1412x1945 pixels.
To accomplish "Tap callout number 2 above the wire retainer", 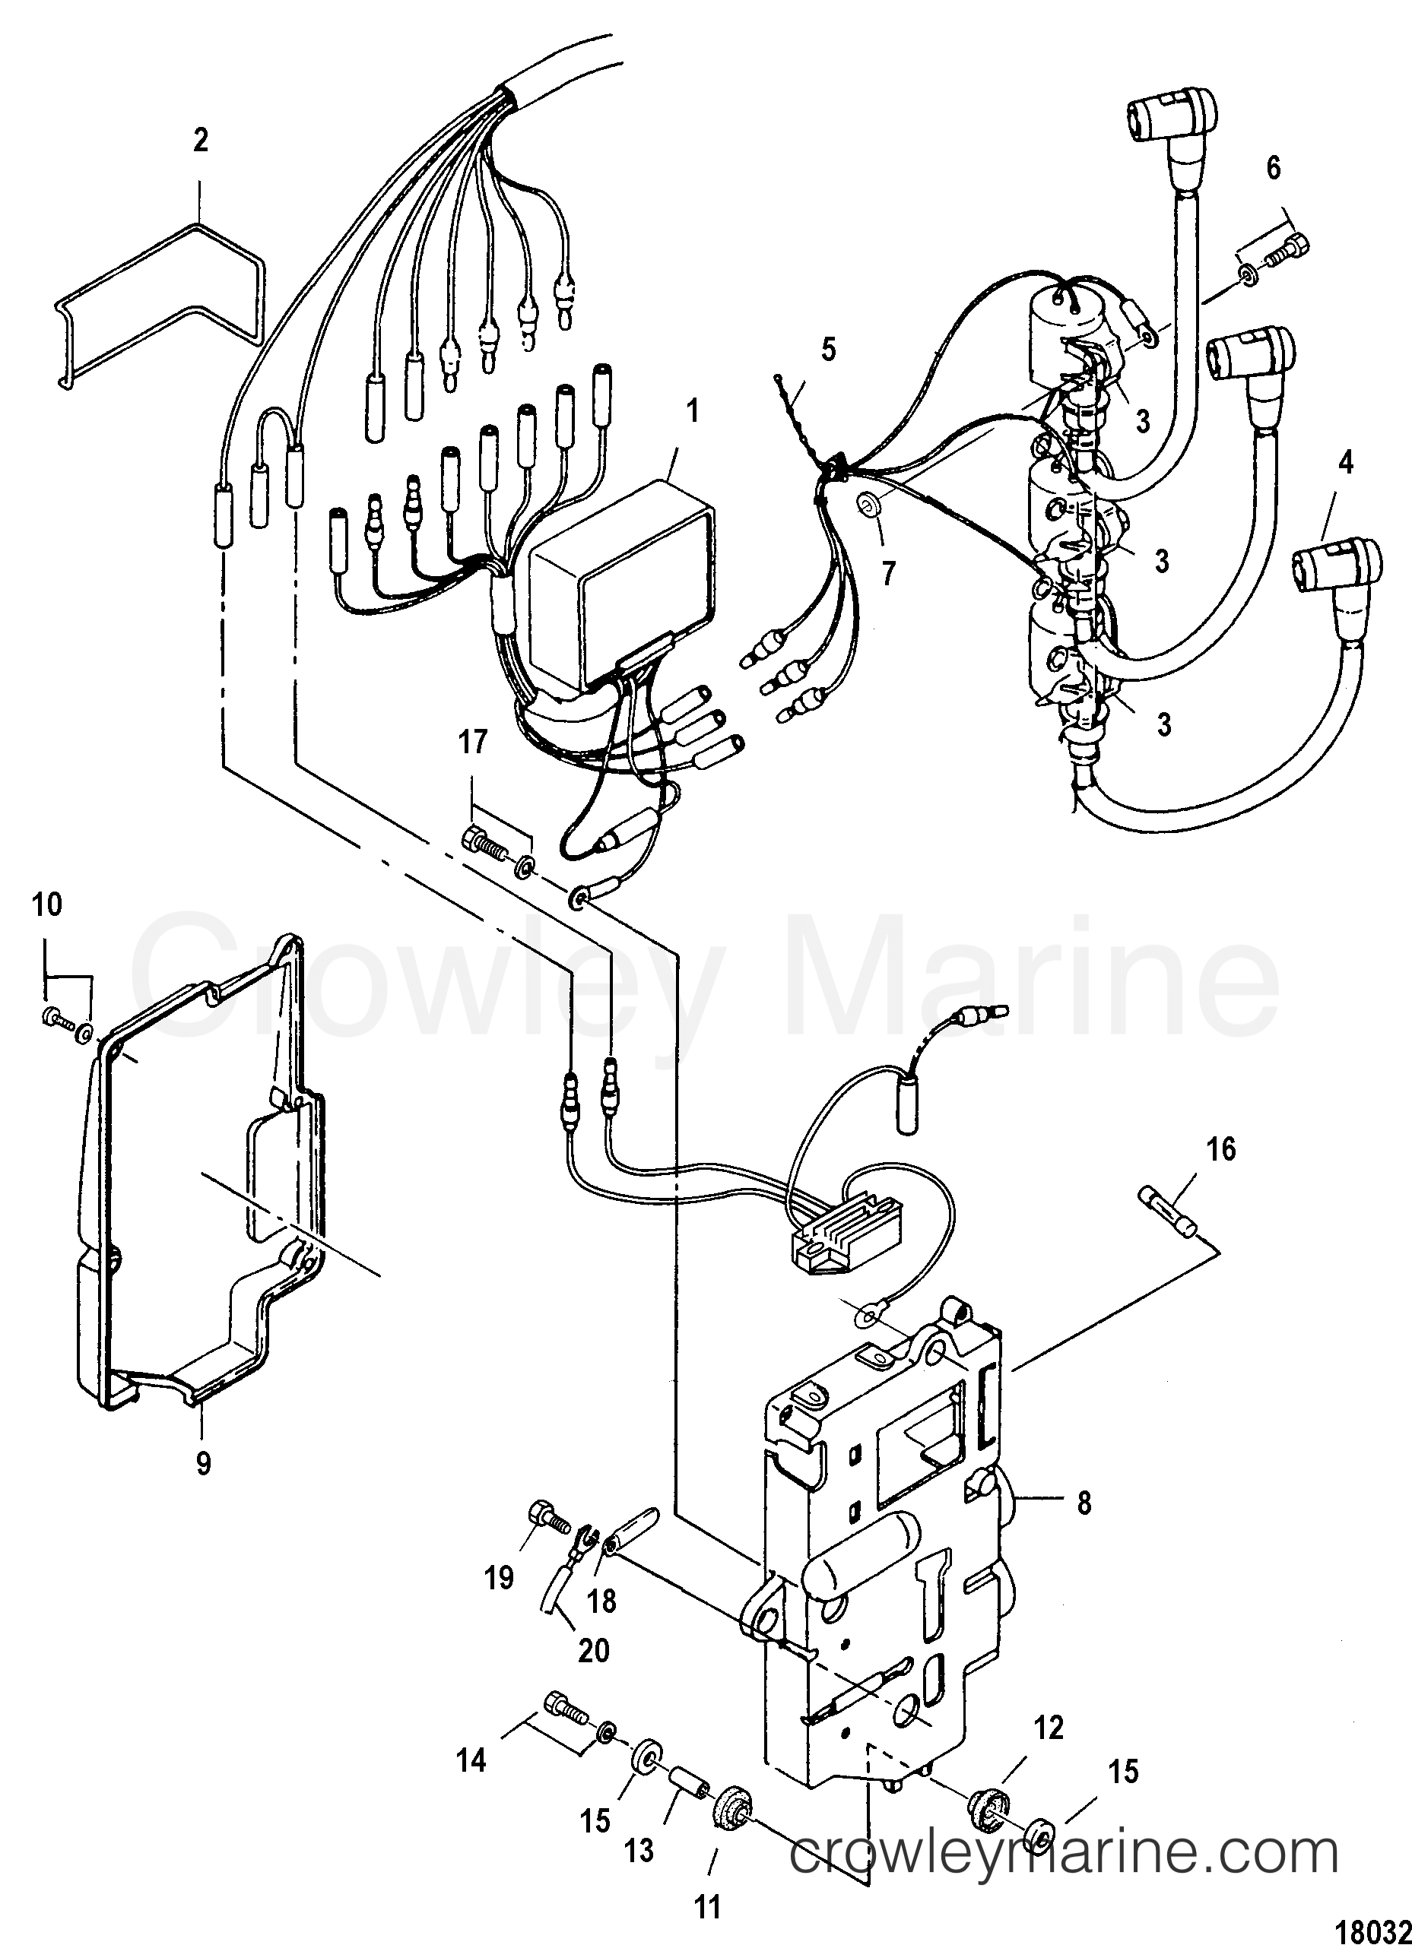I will (x=200, y=140).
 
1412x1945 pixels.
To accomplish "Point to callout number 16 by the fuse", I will (x=1222, y=1148).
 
